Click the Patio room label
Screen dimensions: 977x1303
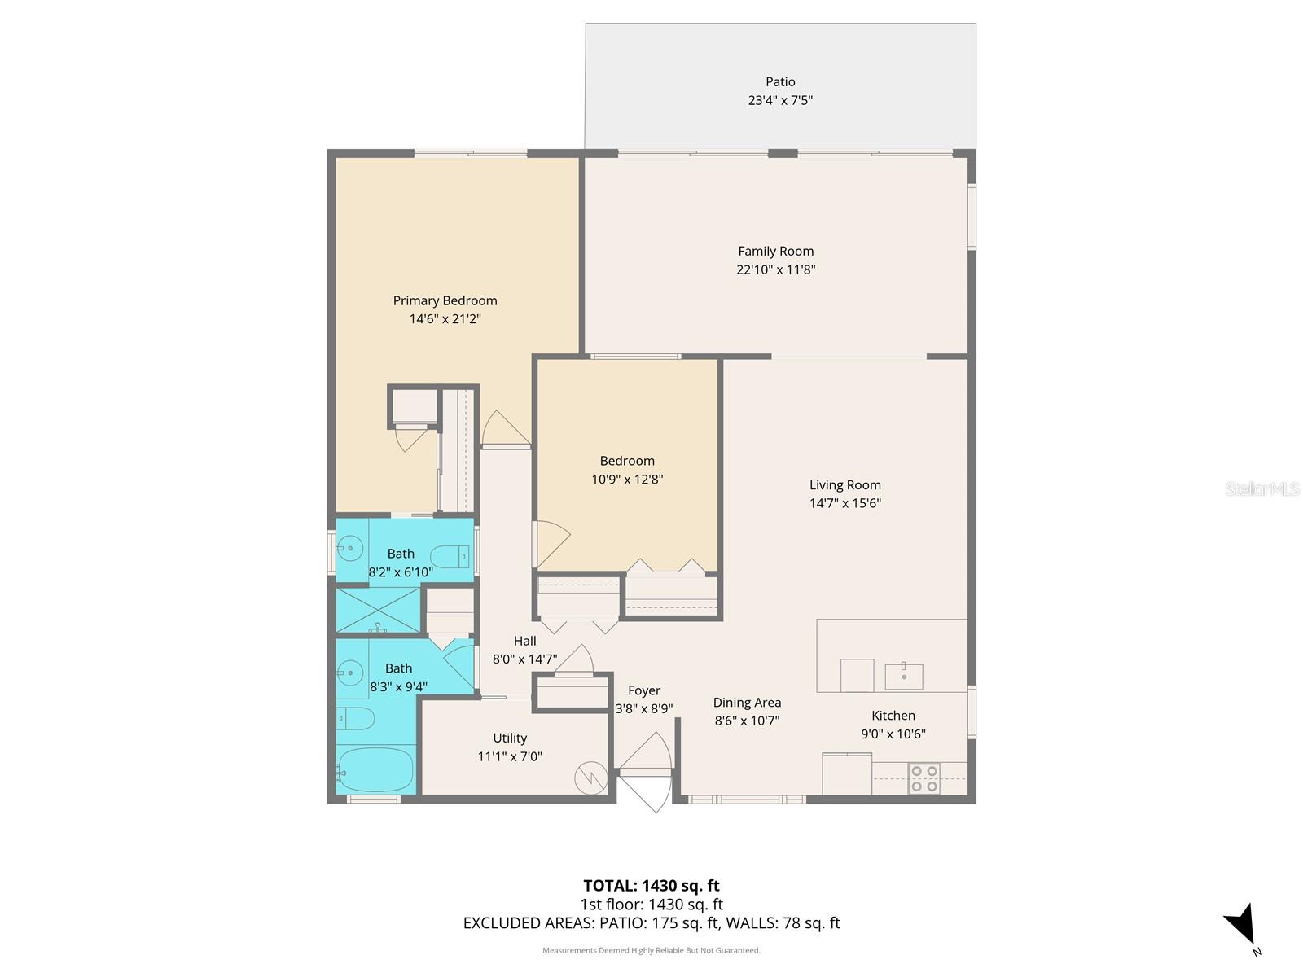click(x=780, y=81)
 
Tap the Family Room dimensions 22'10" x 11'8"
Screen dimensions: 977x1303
click(x=775, y=269)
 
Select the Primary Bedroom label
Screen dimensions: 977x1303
click(x=445, y=300)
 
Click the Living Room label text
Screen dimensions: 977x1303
click(x=845, y=484)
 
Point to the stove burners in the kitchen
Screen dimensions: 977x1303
click(x=924, y=778)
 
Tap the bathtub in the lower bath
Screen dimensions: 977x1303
click(x=375, y=769)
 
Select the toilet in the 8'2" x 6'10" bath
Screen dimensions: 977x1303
click(x=449, y=558)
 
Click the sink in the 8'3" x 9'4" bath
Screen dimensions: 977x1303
click(x=350, y=672)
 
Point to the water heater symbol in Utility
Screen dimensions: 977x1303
click(x=590, y=778)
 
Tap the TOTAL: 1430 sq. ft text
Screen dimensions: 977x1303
click(x=651, y=885)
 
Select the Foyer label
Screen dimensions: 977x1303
click(x=643, y=690)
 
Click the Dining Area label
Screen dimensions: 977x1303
click(x=747, y=702)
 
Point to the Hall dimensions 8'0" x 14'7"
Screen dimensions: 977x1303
click(x=524, y=659)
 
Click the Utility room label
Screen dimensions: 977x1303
click(x=510, y=738)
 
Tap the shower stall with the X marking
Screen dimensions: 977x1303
click(x=378, y=610)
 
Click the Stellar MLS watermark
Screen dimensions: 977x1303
click(x=1262, y=488)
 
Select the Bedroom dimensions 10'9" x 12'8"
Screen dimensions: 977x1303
click(x=627, y=480)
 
